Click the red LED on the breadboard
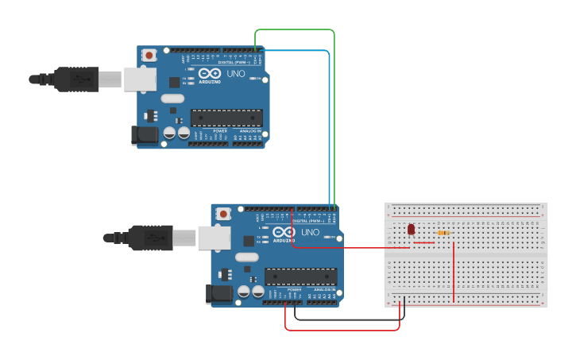click(411, 230)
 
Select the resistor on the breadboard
click(443, 233)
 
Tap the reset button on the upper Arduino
click(149, 56)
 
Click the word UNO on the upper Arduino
click(236, 73)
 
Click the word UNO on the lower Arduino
click(310, 232)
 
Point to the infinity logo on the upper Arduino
click(209, 73)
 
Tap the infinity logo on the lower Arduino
click(283, 232)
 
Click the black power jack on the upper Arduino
click(145, 135)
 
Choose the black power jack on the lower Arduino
click(220, 294)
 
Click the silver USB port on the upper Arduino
click(139, 78)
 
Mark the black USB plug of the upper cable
click(76, 79)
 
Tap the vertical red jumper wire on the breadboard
click(453, 270)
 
